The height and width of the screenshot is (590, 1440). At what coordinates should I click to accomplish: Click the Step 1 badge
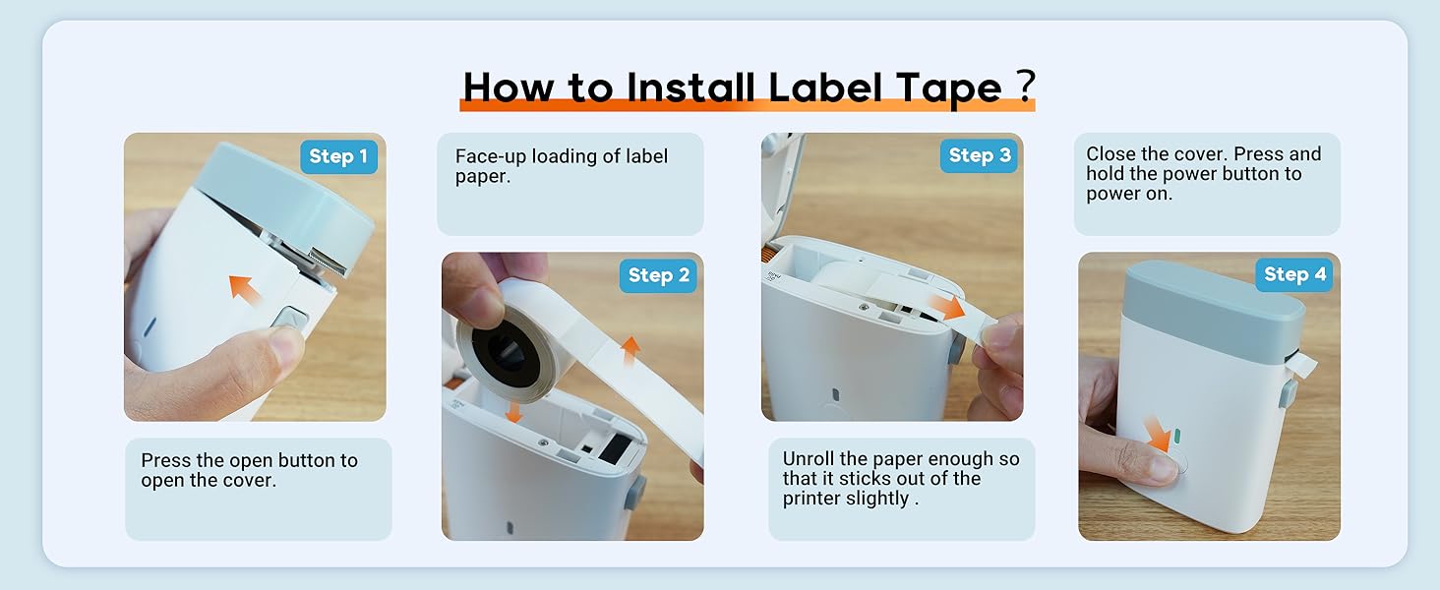point(337,156)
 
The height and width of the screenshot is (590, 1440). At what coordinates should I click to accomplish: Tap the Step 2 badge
point(657,275)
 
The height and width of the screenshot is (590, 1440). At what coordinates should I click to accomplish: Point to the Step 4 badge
point(1293,274)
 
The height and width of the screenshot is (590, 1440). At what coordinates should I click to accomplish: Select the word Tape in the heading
point(949,88)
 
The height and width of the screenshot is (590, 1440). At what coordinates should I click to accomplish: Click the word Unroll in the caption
point(811,459)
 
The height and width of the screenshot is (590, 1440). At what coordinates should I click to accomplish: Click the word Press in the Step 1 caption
point(166,460)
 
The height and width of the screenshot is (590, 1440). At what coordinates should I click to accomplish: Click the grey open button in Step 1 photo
point(291,321)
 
